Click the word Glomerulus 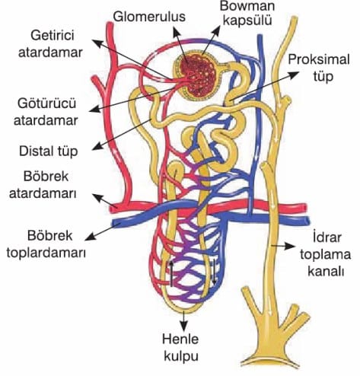tap(149, 17)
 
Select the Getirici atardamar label tap(50, 44)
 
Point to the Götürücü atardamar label tap(46, 112)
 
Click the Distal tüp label tap(49, 151)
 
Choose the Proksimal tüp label tap(319, 68)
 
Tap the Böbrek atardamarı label tap(43, 185)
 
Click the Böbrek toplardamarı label tap(46, 244)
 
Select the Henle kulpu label tap(180, 348)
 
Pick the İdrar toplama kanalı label tap(326, 254)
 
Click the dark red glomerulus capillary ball tap(197, 75)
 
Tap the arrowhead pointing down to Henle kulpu tap(183, 326)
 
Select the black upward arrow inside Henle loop tap(171, 273)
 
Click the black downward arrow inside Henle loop tap(214, 272)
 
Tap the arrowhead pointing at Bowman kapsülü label tap(216, 30)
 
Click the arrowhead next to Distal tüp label tap(97, 147)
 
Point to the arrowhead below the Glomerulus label tap(176, 32)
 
